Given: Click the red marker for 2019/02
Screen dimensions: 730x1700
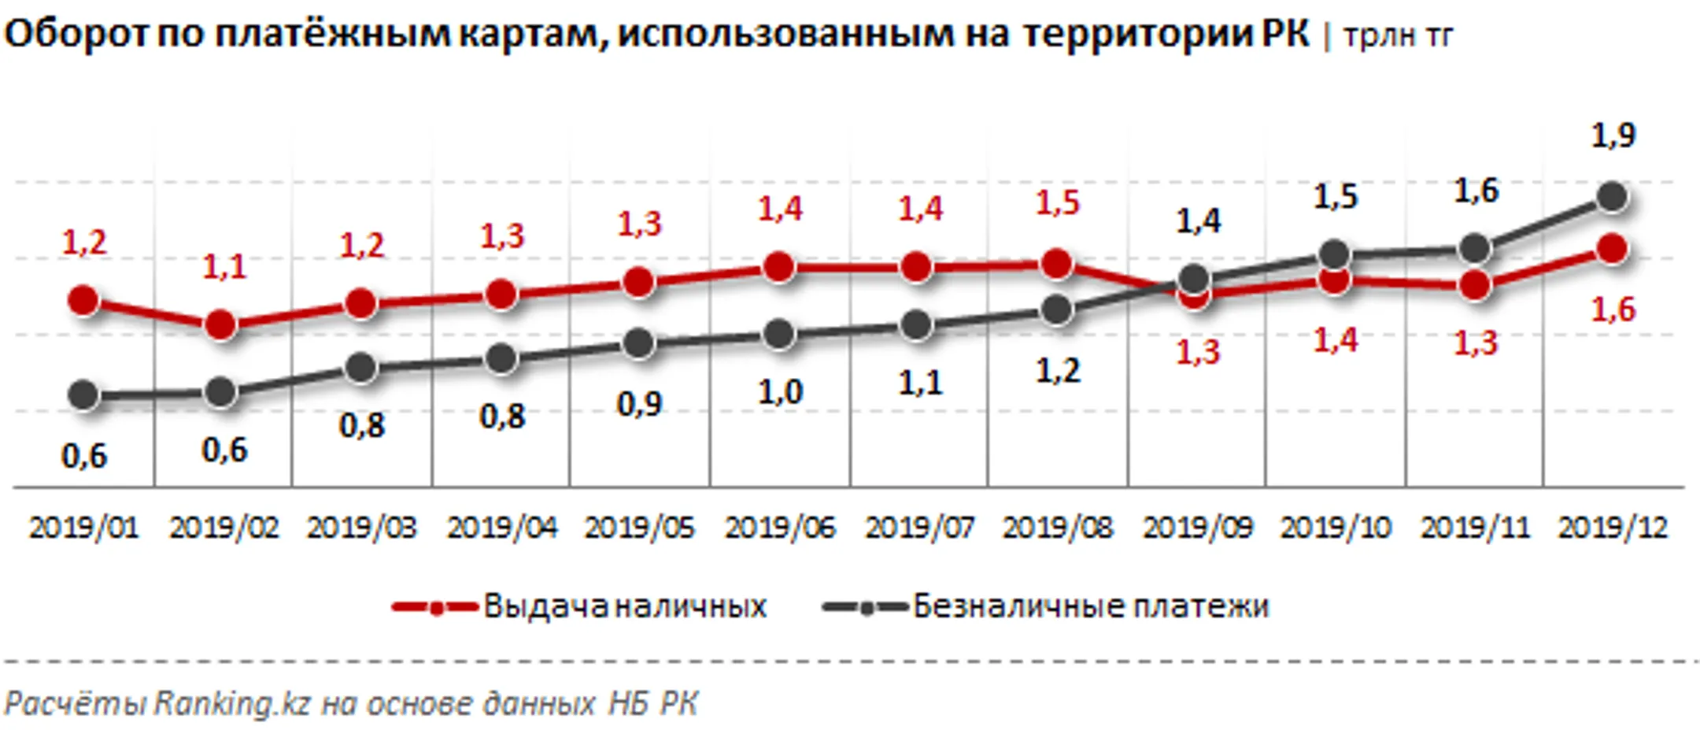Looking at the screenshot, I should pyautogui.click(x=220, y=324).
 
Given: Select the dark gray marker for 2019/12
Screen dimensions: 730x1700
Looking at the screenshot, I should pyautogui.click(x=1613, y=197).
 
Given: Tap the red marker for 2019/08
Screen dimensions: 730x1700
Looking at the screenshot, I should pyautogui.click(x=1056, y=265).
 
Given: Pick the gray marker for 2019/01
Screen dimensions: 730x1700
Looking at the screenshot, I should pyautogui.click(x=83, y=395).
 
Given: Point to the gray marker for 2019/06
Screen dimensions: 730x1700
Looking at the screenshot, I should pyautogui.click(x=778, y=335).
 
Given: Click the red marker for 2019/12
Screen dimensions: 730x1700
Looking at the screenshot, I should pyautogui.click(x=1613, y=250).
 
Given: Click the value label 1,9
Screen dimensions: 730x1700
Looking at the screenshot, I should pyautogui.click(x=1613, y=136).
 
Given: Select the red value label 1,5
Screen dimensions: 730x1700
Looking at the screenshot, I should pyautogui.click(x=1057, y=203).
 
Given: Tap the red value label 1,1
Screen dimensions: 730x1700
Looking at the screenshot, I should pyautogui.click(x=224, y=267).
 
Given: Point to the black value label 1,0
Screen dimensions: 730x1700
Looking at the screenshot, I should pyautogui.click(x=779, y=392).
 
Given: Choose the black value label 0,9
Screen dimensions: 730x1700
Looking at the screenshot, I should pyautogui.click(x=639, y=404).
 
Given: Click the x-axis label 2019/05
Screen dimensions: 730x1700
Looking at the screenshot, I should pyautogui.click(x=639, y=528).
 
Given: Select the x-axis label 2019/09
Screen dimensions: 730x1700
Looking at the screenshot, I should pyautogui.click(x=1197, y=528).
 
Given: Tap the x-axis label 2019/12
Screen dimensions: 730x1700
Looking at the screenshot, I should pyautogui.click(x=1613, y=528).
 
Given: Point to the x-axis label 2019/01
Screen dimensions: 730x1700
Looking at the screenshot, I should pyautogui.click(x=83, y=528).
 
